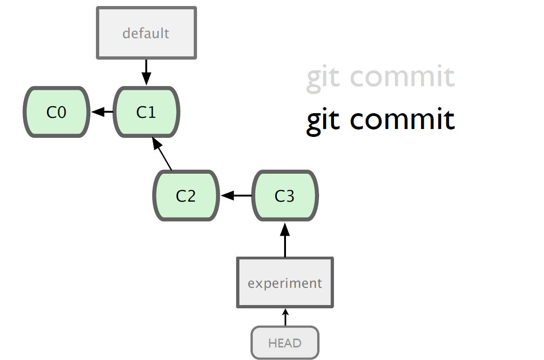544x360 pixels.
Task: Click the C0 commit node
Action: tap(56, 112)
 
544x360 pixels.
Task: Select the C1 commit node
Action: tap(146, 112)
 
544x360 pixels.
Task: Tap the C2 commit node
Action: tap(186, 196)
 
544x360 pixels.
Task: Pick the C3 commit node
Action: tap(285, 196)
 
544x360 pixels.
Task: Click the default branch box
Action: tap(146, 33)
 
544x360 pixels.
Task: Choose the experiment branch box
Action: tap(285, 283)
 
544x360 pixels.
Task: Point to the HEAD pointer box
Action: tap(285, 343)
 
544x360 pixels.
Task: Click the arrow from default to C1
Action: tap(146, 72)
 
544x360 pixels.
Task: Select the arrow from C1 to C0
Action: tap(102, 112)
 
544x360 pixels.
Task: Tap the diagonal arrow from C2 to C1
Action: tap(162, 154)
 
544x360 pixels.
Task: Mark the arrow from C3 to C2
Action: tap(236, 196)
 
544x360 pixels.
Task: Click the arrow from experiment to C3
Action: tap(285, 240)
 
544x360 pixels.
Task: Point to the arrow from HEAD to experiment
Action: tap(285, 317)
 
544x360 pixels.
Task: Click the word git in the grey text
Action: tap(323, 78)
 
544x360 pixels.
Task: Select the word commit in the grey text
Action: tap(402, 76)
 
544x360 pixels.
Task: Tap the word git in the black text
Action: tap(323, 121)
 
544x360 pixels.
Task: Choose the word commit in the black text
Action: tap(402, 119)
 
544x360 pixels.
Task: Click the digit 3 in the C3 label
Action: tap(290, 196)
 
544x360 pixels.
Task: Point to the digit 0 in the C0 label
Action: tap(61, 112)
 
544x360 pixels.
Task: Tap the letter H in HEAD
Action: tap(272, 343)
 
